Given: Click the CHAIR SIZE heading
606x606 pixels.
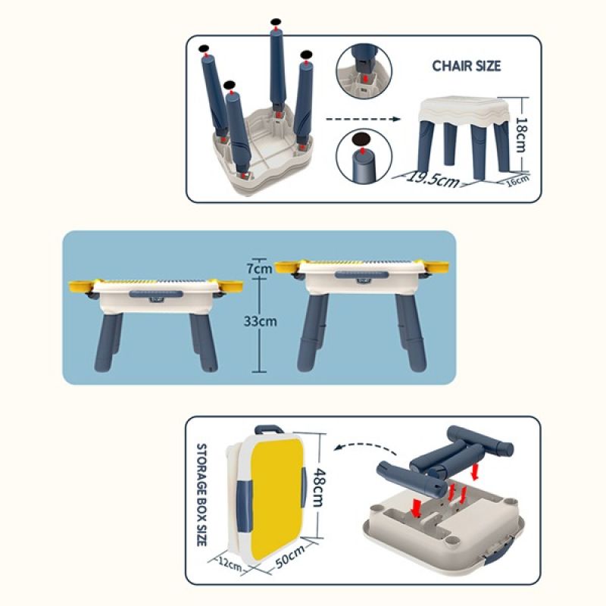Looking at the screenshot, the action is (466, 66).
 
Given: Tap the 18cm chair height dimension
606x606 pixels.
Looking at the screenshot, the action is (522, 135).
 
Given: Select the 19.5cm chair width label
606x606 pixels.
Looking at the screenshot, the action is (433, 179).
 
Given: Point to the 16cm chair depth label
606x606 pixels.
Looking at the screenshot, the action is (518, 180).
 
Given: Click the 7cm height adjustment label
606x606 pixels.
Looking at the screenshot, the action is (259, 268).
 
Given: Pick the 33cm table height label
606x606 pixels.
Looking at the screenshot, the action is (260, 320).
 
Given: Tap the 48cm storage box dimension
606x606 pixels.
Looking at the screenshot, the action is (319, 487).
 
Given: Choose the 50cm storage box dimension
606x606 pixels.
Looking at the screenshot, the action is (289, 557).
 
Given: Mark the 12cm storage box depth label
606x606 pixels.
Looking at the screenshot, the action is (230, 564).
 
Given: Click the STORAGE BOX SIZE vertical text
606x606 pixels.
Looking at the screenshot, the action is (201, 495).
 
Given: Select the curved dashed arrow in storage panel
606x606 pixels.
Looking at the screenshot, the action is (365, 448).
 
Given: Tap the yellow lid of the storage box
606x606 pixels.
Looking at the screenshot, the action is (276, 498).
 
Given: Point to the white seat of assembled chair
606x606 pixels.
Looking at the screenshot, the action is (465, 110).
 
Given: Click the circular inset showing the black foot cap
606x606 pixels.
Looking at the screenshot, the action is (364, 157).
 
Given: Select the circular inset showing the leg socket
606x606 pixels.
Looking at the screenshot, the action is (364, 70).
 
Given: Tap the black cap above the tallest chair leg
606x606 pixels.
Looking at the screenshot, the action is (276, 22).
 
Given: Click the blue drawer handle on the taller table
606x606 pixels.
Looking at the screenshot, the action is (362, 275).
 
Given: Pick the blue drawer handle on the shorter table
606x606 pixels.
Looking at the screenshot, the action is (156, 294).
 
